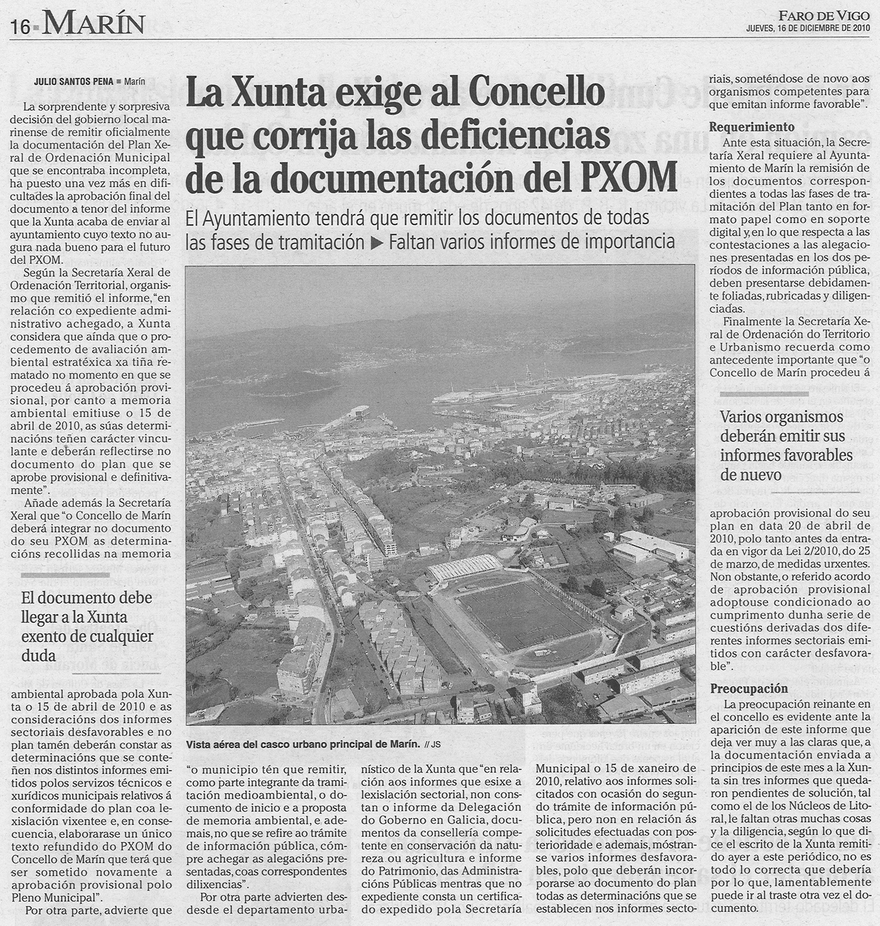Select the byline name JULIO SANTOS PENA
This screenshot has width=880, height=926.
pyautogui.click(x=74, y=82)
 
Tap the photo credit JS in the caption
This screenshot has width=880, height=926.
pyautogui.click(x=436, y=745)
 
